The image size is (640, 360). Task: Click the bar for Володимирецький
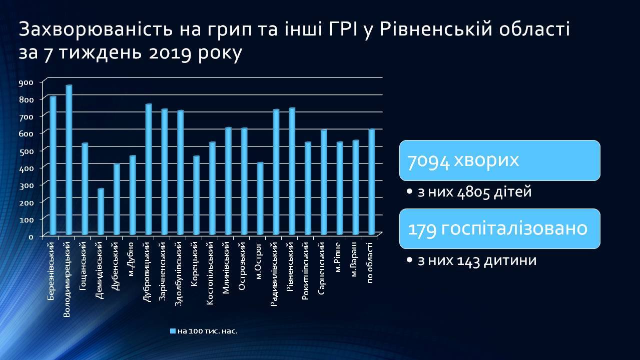click(69, 160)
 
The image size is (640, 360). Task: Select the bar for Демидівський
click(101, 211)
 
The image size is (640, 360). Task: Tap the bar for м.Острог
click(260, 198)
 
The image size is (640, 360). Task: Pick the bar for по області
click(371, 182)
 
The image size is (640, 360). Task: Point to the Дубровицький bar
click(149, 169)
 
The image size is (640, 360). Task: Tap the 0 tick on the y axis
click(31, 236)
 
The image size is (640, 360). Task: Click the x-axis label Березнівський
click(51, 271)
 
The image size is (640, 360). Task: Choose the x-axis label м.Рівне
click(338, 257)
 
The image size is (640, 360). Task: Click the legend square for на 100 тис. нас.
click(173, 331)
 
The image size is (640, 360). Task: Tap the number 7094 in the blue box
click(428, 161)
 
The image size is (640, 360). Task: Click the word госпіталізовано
click(514, 229)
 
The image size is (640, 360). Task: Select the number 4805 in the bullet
click(473, 192)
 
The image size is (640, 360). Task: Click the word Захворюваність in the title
click(96, 29)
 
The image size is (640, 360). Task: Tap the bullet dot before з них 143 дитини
click(409, 260)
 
